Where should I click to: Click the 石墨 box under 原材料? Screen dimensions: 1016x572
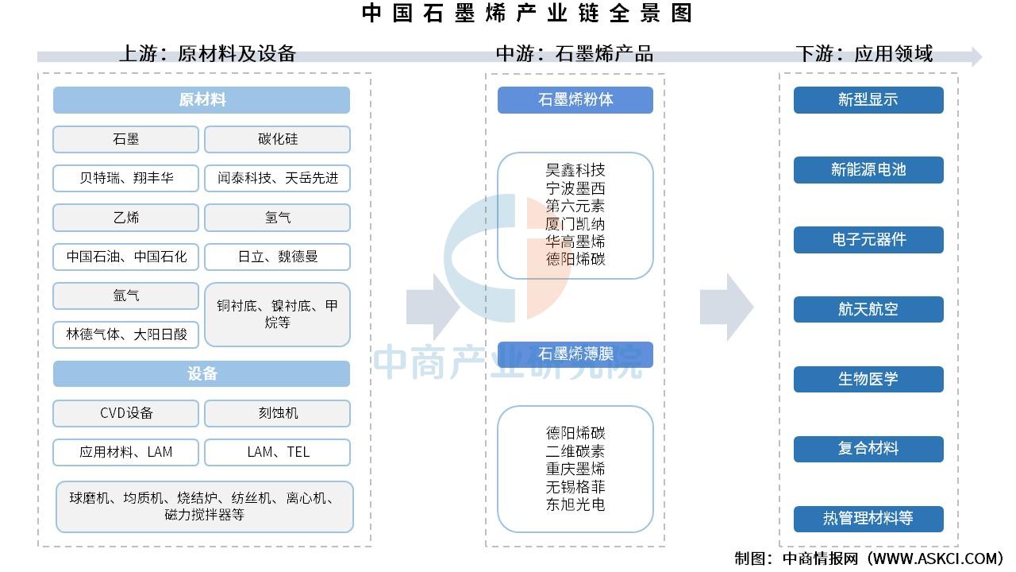click(x=125, y=139)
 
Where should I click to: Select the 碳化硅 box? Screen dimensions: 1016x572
click(x=277, y=139)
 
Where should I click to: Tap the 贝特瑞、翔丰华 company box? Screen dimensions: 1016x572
click(x=125, y=178)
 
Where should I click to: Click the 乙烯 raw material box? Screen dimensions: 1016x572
click(x=125, y=218)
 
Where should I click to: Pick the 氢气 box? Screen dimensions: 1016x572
click(x=277, y=218)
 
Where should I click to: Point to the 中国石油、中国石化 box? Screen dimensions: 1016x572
click(x=125, y=257)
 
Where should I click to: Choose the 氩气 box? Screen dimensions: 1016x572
click(x=125, y=296)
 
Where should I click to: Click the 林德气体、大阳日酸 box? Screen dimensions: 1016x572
click(x=125, y=334)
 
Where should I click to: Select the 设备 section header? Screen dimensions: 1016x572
click(x=202, y=373)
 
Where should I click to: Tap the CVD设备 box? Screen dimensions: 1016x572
click(x=125, y=413)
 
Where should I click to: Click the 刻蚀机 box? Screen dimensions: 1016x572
click(x=277, y=413)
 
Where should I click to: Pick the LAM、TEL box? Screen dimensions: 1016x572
click(x=277, y=452)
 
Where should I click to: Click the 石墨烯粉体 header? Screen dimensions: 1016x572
click(x=575, y=100)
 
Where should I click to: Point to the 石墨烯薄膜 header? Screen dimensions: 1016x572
click(x=575, y=354)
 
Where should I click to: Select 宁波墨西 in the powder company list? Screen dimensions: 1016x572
click(x=575, y=188)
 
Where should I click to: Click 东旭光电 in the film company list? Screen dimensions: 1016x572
click(x=575, y=504)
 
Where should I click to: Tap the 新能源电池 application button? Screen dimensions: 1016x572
click(x=868, y=170)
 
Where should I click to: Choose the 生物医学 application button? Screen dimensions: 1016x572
click(x=868, y=379)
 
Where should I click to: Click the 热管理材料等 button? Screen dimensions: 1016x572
click(x=868, y=519)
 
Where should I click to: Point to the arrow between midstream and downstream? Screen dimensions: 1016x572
click(x=726, y=307)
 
